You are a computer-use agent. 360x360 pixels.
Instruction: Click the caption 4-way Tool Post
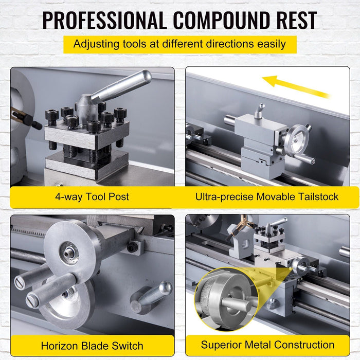[x=92, y=196]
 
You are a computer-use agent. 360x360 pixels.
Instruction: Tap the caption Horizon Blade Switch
[x=92, y=345]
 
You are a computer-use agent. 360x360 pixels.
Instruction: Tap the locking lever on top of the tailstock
[x=260, y=110]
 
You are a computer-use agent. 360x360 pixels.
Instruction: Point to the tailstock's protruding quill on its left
[x=230, y=121]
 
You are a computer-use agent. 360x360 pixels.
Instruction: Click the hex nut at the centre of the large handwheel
[x=68, y=253]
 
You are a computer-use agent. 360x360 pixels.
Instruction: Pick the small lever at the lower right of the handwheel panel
[x=153, y=296]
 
